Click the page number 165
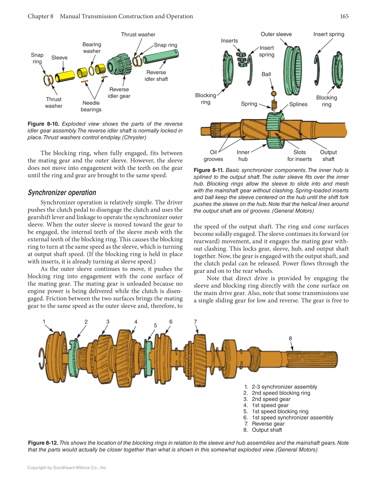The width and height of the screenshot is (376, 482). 344,16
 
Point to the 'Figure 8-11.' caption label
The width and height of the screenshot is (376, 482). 209,170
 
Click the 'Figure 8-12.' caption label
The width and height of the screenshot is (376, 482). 43,443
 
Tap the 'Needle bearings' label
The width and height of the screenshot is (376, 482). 91,106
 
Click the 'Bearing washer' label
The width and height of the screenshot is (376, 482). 92,48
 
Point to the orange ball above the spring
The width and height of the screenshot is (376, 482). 274,94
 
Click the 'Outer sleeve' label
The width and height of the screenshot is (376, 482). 276,35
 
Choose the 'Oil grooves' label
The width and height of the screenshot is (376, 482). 213,156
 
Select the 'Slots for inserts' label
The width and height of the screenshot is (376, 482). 299,156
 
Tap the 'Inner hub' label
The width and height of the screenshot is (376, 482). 243,156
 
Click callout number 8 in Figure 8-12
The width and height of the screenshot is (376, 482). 291,338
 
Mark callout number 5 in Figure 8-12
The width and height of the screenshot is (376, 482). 155,325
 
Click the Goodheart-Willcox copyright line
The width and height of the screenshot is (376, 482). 67,467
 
